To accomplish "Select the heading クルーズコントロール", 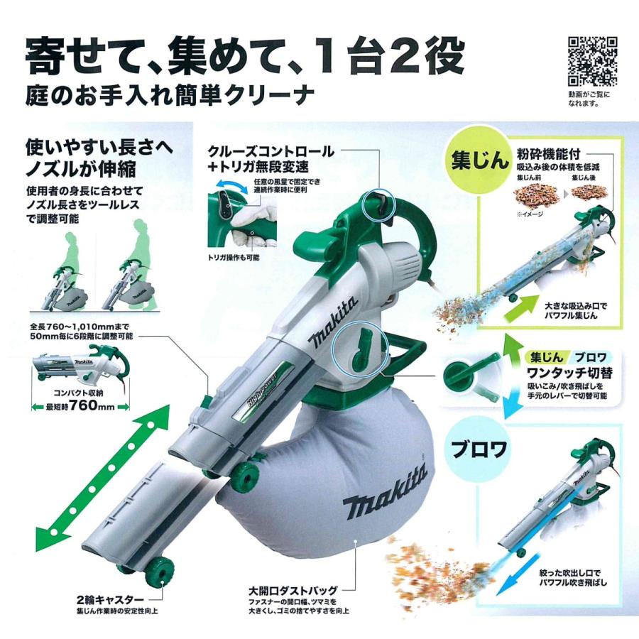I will click(271, 151).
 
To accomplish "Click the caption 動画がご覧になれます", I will click(589, 98).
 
